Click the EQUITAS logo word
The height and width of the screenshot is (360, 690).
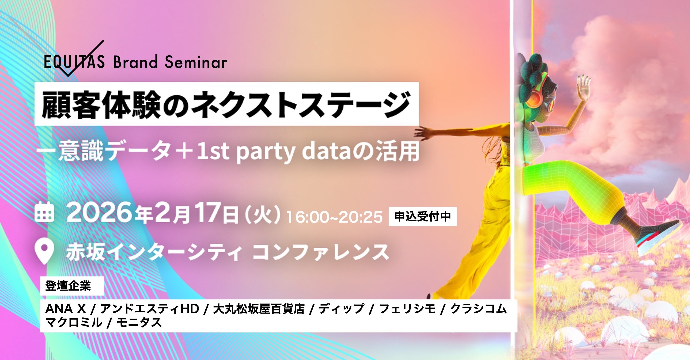tap(74, 62)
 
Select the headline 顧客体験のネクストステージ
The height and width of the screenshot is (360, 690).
tap(226, 104)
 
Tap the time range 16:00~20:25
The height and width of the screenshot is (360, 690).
tap(334, 217)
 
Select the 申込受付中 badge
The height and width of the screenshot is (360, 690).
tap(423, 217)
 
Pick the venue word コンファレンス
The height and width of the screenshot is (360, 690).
tap(321, 252)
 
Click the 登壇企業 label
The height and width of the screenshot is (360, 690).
tap(68, 286)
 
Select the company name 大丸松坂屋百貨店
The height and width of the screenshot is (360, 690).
tap(259, 309)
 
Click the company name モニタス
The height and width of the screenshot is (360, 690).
tap(139, 322)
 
